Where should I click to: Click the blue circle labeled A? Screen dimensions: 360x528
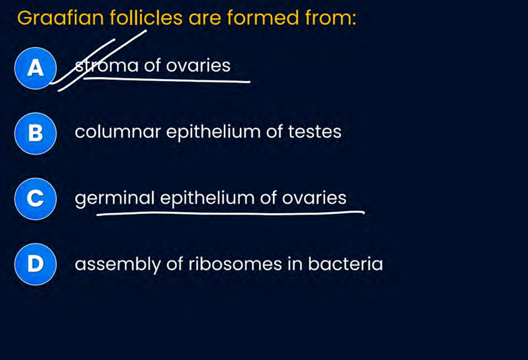tap(34, 68)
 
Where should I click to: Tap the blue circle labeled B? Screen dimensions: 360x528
tap(34, 133)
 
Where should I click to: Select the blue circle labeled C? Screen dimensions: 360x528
tap(34, 198)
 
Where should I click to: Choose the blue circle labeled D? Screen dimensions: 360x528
tap(34, 264)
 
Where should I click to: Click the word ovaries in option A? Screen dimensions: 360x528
tap(198, 66)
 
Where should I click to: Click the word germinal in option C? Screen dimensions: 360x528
tap(115, 198)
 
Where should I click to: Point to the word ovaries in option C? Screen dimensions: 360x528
tap(314, 198)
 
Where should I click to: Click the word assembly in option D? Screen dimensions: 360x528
tap(118, 264)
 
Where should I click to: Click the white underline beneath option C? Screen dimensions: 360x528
tap(230, 214)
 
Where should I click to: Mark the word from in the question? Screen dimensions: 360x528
tap(331, 18)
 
